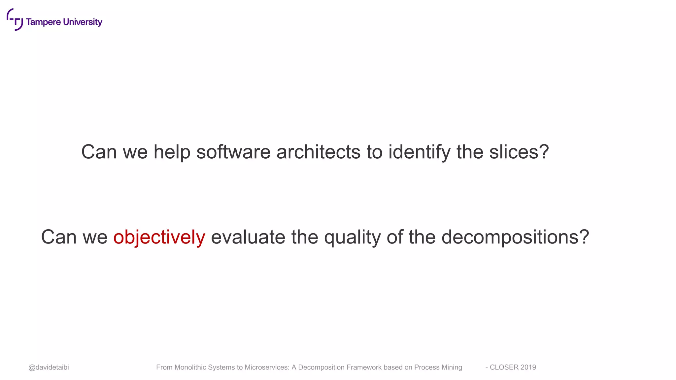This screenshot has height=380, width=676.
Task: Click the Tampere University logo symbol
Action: point(15,19)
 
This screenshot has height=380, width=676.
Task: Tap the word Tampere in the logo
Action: point(43,22)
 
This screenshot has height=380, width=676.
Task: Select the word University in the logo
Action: point(83,22)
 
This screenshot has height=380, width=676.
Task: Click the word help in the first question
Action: point(172,152)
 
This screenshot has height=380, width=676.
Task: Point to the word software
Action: point(233,152)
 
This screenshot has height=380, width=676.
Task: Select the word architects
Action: point(318,152)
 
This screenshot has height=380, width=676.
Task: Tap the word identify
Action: point(419,152)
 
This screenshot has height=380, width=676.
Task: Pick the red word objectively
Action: point(159,237)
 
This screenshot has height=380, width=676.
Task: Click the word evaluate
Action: point(248,237)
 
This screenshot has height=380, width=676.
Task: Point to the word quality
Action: point(352,237)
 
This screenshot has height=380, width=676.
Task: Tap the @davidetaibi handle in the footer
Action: point(49,367)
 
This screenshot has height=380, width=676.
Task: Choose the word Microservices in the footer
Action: point(266,367)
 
